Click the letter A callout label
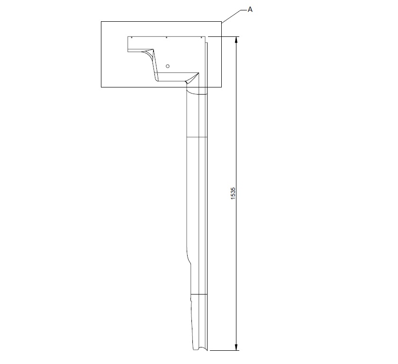click(250, 9)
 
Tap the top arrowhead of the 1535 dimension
click(237, 40)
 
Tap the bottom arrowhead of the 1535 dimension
click(237, 347)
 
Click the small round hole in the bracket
click(167, 66)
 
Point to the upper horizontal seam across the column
click(197, 137)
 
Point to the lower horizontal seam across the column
click(199, 294)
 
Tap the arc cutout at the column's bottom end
click(201, 350)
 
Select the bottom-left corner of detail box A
click(101, 87)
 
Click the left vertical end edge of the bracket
click(128, 44)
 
